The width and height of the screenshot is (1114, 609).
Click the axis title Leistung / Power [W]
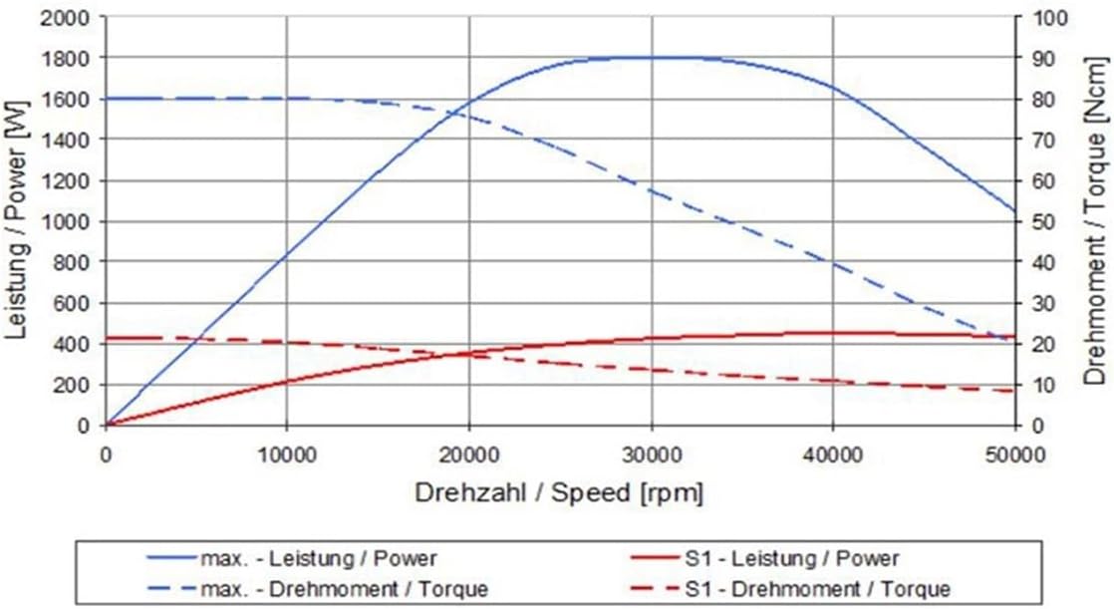17,221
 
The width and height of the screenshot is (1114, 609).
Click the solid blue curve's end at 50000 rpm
1014,211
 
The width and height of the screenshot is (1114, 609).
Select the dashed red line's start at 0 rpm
107,338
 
